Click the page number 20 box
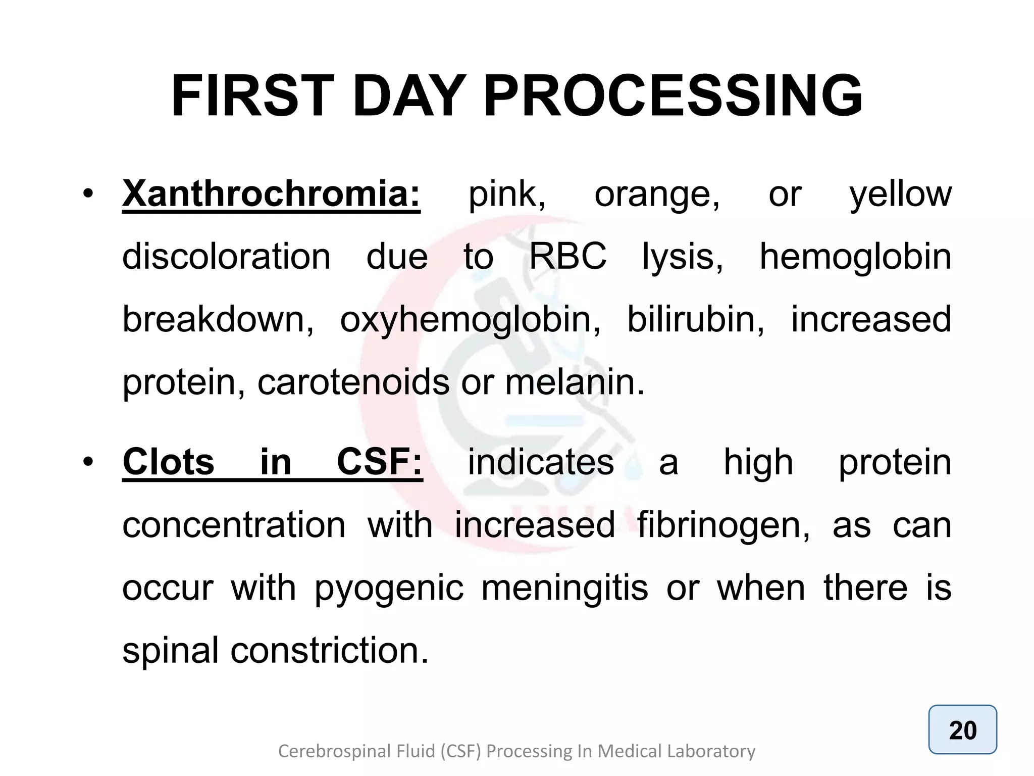962,730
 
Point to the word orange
657,195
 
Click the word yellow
900,195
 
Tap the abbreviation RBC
567,257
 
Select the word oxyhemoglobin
470,320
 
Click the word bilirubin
696,319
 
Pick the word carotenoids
353,382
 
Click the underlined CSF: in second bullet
379,462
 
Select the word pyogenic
389,589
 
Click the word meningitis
564,589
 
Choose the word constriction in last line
329,651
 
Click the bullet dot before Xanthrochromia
88,195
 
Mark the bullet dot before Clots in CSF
88,462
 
